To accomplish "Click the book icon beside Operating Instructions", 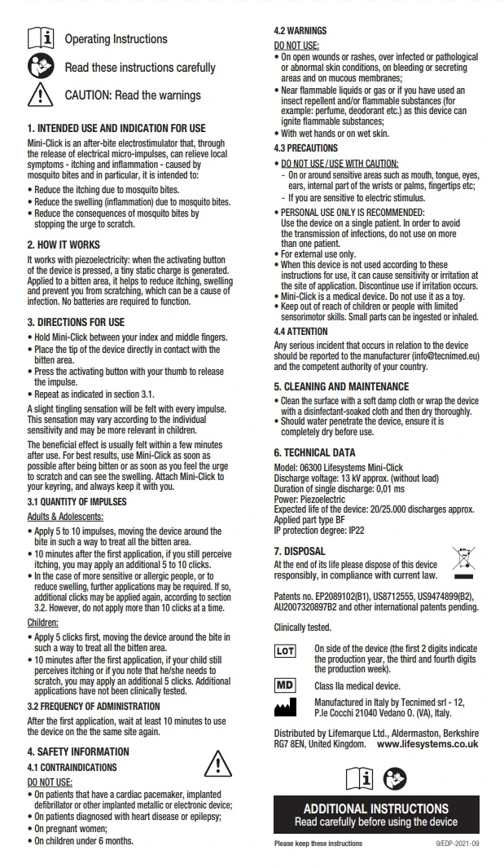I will point(41,38).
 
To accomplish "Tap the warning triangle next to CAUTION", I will point(41,95).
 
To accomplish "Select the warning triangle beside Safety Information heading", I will point(217,764).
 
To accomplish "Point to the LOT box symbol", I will point(285,652).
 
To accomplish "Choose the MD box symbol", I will point(285,686).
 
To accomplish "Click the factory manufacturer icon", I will point(285,707).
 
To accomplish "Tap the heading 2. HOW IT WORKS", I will point(64,245).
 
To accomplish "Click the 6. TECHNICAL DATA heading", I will point(314,452).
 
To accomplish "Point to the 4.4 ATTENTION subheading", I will point(300,332).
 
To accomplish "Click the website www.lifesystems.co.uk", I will point(427,745).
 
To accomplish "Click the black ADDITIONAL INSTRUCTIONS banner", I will point(375,814).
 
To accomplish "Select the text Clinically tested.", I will point(302,628).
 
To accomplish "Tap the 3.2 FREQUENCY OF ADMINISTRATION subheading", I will point(94,706).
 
